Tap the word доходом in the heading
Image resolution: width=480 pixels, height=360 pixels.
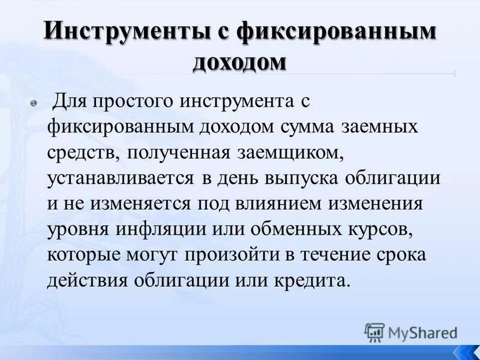239,62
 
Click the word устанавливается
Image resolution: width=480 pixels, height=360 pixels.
120,178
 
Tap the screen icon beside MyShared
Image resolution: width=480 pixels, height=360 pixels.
375,332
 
